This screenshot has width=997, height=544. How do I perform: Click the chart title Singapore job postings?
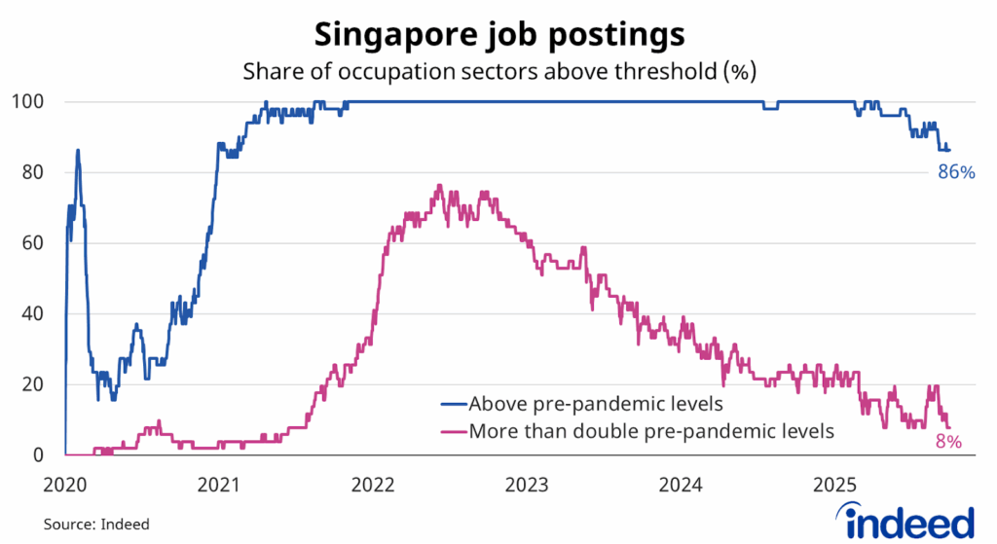tap(498, 35)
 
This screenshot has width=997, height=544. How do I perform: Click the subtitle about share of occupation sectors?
tap(498, 71)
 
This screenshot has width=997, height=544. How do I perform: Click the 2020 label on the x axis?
tap(64, 484)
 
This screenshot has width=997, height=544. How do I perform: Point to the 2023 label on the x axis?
tap(527, 484)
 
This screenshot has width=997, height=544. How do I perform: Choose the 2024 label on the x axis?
tap(681, 484)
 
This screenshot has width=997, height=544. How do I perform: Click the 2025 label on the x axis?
tap(834, 484)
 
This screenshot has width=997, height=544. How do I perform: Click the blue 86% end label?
tap(955, 172)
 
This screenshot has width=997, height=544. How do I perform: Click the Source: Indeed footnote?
tap(96, 525)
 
